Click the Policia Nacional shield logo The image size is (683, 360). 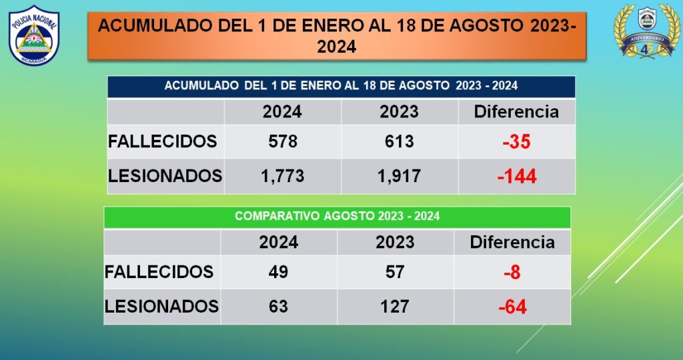click(x=33, y=35)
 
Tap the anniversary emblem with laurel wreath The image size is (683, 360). click(x=645, y=31)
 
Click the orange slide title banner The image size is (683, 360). click(x=337, y=36)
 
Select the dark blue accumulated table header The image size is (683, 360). click(x=341, y=86)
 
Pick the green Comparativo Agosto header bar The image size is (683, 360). click(x=337, y=217)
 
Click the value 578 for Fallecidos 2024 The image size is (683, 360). click(x=281, y=141)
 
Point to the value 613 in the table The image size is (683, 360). click(x=399, y=141)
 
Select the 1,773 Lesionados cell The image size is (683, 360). click(x=281, y=176)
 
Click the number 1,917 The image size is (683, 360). click(x=399, y=176)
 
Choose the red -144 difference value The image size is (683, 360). click(x=516, y=177)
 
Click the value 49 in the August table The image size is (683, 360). click(x=278, y=272)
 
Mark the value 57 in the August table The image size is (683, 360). click(x=395, y=272)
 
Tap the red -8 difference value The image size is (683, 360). click(x=512, y=273)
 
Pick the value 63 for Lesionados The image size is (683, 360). click(x=278, y=306)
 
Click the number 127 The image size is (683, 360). click(x=395, y=306)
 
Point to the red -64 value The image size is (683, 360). click(x=512, y=307)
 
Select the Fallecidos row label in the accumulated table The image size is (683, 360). click(x=163, y=141)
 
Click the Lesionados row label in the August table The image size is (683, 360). click(x=161, y=306)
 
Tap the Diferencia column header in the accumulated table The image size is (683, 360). click(x=516, y=111)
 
